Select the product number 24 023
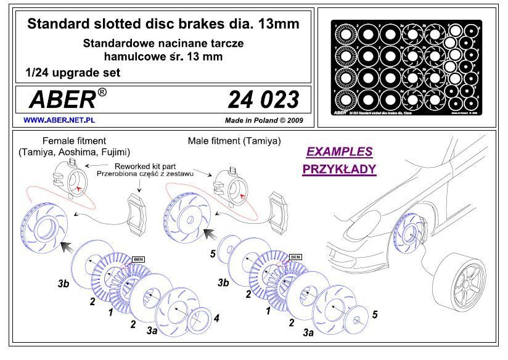pyautogui.click(x=263, y=99)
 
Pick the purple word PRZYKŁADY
pyautogui.click(x=339, y=169)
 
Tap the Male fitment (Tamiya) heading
pyautogui.click(x=234, y=141)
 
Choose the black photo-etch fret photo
pyautogui.click(x=408, y=68)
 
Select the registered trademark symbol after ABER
pyautogui.click(x=102, y=93)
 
